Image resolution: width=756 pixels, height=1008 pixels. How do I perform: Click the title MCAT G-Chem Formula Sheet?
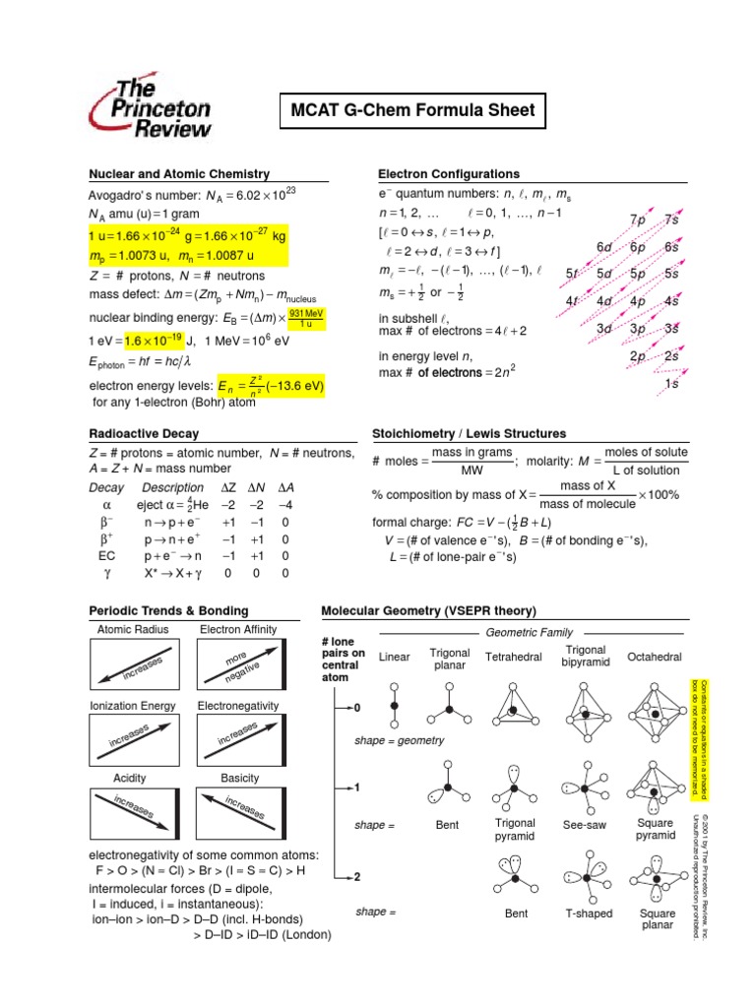(x=412, y=110)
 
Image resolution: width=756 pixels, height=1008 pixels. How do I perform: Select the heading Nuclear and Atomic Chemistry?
(x=179, y=174)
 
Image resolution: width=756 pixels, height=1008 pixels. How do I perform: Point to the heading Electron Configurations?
(x=449, y=174)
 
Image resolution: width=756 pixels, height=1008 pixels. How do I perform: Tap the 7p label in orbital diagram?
(x=637, y=219)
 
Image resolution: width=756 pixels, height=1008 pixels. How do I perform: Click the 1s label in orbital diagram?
(x=671, y=384)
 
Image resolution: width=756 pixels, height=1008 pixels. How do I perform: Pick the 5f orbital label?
(x=572, y=274)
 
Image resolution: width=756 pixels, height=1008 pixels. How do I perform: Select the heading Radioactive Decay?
(x=144, y=433)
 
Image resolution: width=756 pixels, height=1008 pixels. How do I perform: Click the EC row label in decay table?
(x=106, y=555)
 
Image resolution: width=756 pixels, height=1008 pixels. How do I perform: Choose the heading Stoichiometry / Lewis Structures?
(x=469, y=433)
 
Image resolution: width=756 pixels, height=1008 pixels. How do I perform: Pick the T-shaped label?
(x=589, y=913)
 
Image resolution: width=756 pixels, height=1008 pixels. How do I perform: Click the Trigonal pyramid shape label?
(x=516, y=830)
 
